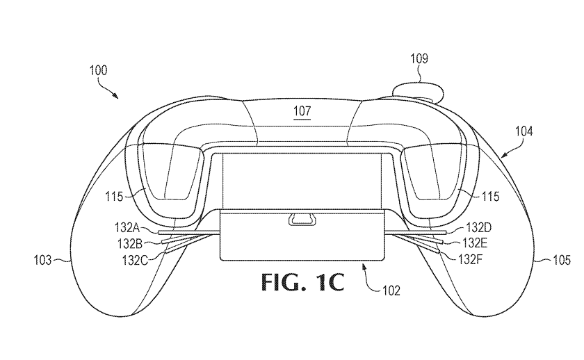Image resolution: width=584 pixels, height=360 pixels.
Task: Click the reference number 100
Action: click(x=98, y=70)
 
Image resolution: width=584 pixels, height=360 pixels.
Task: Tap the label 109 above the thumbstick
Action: click(x=419, y=58)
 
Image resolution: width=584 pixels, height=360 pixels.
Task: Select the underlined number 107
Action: click(x=302, y=111)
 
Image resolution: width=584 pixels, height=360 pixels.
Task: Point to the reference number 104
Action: click(x=524, y=131)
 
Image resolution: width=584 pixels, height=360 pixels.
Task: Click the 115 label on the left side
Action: click(x=114, y=196)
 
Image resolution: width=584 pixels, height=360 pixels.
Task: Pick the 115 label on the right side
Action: click(x=491, y=196)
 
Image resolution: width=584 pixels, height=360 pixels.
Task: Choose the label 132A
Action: click(x=127, y=227)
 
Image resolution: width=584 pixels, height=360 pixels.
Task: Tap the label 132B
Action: click(x=130, y=243)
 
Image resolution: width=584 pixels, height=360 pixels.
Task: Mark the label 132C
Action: click(x=135, y=260)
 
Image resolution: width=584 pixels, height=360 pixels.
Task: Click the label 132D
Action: click(x=479, y=227)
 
